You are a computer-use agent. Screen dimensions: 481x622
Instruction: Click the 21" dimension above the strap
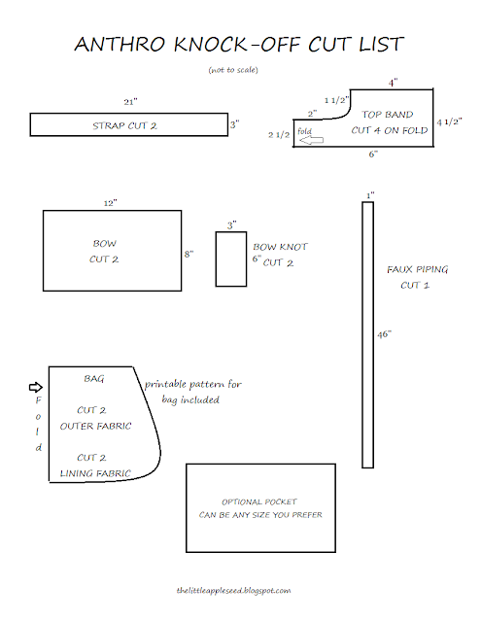pyautogui.click(x=130, y=102)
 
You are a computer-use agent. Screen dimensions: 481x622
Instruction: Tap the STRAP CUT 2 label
pyautogui.click(x=125, y=125)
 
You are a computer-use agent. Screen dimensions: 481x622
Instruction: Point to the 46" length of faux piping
pyautogui.click(x=384, y=334)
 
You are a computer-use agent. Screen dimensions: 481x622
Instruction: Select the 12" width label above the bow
pyautogui.click(x=110, y=203)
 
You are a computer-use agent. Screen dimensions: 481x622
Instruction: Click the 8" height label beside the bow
pyautogui.click(x=189, y=254)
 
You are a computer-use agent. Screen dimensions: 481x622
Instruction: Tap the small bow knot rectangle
pyautogui.click(x=231, y=259)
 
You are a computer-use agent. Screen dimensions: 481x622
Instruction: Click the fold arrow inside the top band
pyautogui.click(x=311, y=140)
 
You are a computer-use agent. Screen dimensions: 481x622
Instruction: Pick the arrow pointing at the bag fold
pyautogui.click(x=36, y=387)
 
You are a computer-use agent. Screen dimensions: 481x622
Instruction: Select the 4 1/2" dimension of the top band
pyautogui.click(x=449, y=121)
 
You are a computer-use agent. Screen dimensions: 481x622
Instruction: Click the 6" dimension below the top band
pyautogui.click(x=373, y=154)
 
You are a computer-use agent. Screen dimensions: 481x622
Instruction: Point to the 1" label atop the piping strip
pyautogui.click(x=370, y=195)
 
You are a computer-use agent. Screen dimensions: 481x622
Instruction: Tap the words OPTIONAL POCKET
pyautogui.click(x=259, y=501)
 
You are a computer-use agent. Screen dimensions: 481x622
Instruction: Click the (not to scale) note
pyautogui.click(x=233, y=70)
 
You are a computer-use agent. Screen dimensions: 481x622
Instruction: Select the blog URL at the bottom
pyautogui.click(x=233, y=591)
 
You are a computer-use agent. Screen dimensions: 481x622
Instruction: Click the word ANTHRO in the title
pyautogui.click(x=120, y=44)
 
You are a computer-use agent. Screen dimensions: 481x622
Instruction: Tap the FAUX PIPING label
pyautogui.click(x=418, y=270)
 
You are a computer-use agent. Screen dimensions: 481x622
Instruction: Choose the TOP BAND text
pyautogui.click(x=388, y=115)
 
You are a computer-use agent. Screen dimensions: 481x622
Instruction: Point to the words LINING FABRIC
pyautogui.click(x=95, y=473)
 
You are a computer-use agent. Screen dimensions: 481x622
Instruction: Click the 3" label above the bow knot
pyautogui.click(x=231, y=225)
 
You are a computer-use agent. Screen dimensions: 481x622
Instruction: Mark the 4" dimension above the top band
pyautogui.click(x=393, y=83)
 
